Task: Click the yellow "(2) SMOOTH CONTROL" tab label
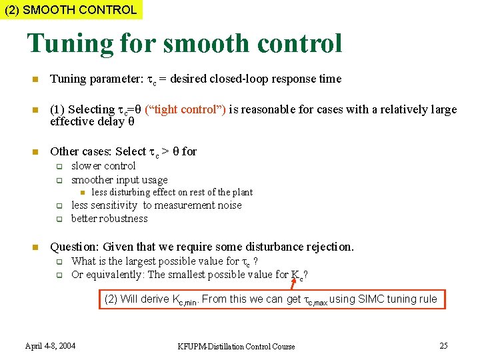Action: tap(71, 10)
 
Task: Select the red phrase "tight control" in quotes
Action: tap(185, 109)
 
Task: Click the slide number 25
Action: tap(443, 345)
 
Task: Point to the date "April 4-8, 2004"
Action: tap(50, 345)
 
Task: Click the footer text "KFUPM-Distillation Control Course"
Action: tap(236, 346)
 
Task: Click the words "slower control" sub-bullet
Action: tap(103, 165)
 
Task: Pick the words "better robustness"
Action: tap(109, 218)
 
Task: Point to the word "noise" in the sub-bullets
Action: tap(227, 205)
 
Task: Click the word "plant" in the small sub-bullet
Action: tap(242, 192)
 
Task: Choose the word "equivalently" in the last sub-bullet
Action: tap(114, 275)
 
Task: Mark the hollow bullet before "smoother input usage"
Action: tap(59, 180)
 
